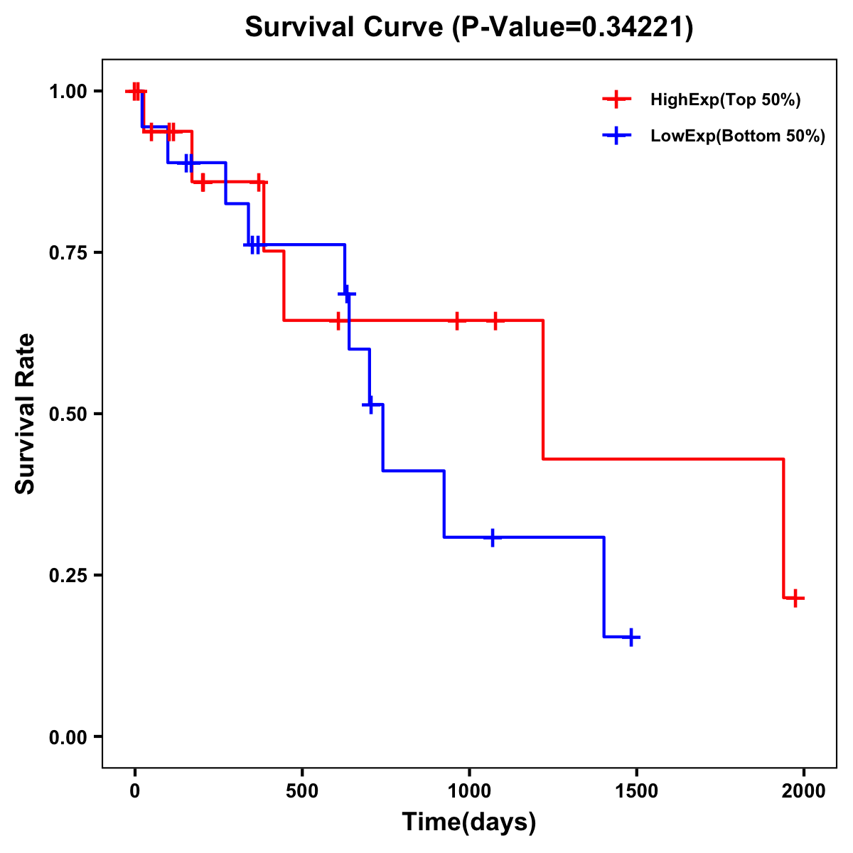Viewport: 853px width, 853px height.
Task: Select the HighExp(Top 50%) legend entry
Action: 725,100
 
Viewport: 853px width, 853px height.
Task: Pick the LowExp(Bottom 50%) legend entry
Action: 737,136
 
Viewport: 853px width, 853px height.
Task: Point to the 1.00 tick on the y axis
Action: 68,92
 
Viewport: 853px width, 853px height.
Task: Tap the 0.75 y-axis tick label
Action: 68,253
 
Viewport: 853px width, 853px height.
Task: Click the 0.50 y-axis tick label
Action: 68,414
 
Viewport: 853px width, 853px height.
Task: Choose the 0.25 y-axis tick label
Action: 68,576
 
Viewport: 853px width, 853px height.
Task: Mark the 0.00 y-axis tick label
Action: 68,737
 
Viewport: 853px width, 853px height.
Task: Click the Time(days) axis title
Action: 469,822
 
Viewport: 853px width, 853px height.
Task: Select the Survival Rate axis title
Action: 26,414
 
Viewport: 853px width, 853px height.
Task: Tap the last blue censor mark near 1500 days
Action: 631,637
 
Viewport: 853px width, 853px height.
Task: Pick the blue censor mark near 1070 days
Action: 492,537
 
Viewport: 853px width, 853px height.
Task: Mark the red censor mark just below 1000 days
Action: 457,321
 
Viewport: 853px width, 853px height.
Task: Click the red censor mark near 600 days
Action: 338,321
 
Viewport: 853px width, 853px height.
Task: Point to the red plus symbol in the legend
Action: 617,100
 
